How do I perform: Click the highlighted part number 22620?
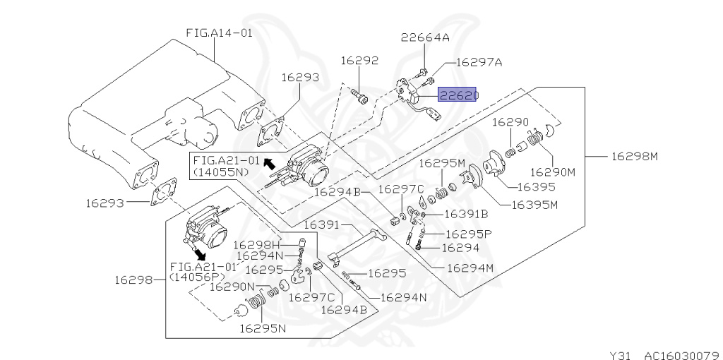click(x=457, y=95)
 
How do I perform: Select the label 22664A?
click(x=424, y=37)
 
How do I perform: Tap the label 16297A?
click(x=479, y=62)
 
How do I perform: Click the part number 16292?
click(x=359, y=61)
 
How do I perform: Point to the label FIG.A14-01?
click(x=220, y=32)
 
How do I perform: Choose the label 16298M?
click(x=635, y=156)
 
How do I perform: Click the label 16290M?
click(x=553, y=172)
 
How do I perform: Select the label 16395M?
click(x=535, y=204)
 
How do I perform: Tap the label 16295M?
click(x=443, y=163)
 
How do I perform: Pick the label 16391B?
click(x=467, y=214)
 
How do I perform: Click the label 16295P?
click(x=469, y=234)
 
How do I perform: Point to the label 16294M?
click(x=470, y=268)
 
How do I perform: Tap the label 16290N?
click(x=232, y=287)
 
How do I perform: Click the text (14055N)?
click(x=221, y=172)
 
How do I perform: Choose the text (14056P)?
click(x=197, y=277)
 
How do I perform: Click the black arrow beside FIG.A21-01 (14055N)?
click(x=268, y=162)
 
